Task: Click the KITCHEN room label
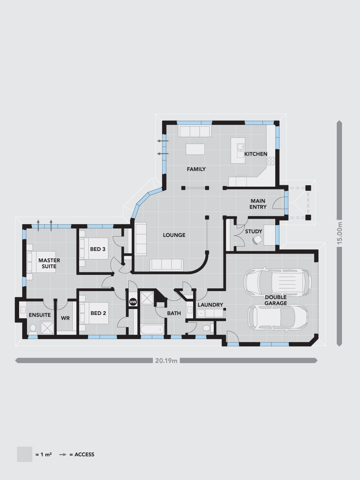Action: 256,154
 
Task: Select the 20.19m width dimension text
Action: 166,361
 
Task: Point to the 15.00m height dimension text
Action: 340,233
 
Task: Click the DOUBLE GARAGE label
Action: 276,300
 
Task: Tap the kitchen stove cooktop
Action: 271,161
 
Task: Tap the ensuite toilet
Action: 33,328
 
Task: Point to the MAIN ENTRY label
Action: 258,204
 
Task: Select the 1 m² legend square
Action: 24,454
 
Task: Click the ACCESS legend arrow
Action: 63,454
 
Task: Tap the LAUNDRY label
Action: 210,305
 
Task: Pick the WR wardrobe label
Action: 65,318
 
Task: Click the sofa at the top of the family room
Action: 194,132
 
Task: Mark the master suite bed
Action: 41,261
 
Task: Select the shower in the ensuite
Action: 47,327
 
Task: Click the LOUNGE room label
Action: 174,235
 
